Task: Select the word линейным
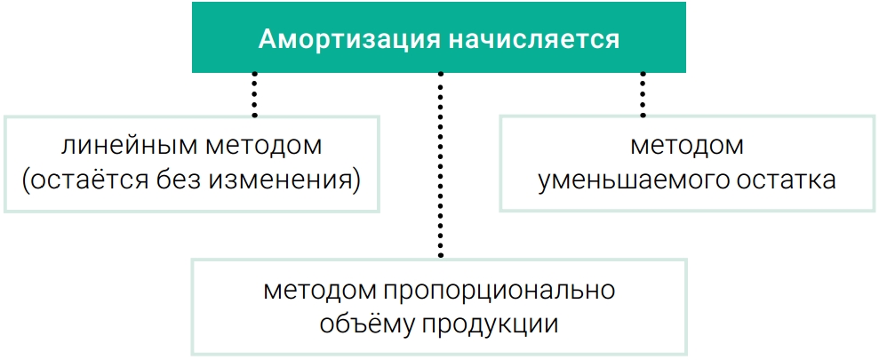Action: coord(129,146)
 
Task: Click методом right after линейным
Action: coord(263,146)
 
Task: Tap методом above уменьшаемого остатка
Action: coord(687,146)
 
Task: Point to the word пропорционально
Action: coord(500,292)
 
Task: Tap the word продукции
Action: coord(489,326)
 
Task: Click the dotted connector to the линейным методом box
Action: coord(254,94)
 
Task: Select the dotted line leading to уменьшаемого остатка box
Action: coord(643,94)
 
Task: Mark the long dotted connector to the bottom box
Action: coord(441,164)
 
